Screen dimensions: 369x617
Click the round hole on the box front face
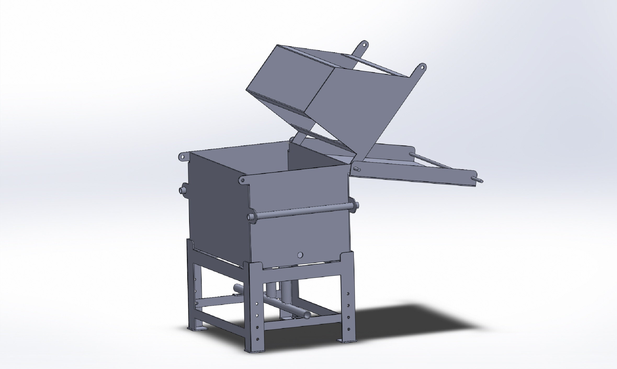coord(300,255)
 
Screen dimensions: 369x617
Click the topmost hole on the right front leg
coord(348,294)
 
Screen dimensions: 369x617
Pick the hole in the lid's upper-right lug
coord(422,68)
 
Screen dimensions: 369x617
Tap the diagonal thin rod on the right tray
coord(432,161)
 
